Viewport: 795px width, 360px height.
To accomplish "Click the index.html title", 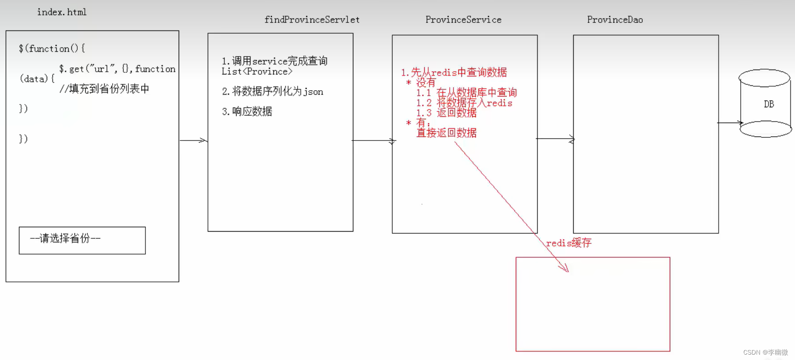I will coord(62,12).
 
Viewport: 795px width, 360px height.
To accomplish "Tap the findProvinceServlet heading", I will coord(312,20).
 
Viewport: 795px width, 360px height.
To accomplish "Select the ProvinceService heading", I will coord(463,20).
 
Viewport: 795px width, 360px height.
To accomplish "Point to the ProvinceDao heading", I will coord(615,20).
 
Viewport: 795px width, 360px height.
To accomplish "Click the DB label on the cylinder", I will coord(769,104).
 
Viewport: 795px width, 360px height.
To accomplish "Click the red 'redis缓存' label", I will coord(568,243).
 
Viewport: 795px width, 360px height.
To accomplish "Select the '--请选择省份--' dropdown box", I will coord(82,240).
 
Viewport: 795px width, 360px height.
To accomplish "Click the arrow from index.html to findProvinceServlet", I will coord(193,140).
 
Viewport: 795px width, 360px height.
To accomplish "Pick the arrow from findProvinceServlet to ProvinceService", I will coord(373,140).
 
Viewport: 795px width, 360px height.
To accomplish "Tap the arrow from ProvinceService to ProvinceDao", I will coord(555,139).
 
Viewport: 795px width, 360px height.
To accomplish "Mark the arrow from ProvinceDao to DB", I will coord(730,123).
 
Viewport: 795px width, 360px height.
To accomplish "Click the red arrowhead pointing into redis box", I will coord(564,268).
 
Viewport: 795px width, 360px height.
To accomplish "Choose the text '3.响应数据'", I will coord(247,111).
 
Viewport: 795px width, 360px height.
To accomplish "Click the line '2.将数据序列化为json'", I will coord(272,92).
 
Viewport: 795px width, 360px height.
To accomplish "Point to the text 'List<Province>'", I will coord(257,72).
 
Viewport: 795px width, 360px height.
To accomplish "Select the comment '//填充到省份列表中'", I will coord(104,89).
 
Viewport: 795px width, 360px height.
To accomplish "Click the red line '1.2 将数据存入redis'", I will coord(464,103).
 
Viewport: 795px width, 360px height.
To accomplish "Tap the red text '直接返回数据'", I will coord(447,133).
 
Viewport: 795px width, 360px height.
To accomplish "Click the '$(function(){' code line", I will coord(52,48).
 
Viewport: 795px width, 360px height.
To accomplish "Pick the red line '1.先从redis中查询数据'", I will coord(454,72).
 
